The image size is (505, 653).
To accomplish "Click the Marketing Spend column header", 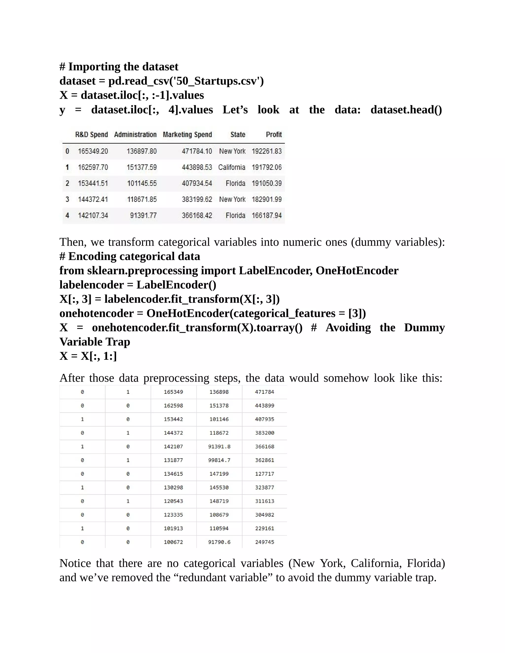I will tap(187, 135).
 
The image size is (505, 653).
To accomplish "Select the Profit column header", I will tap(274, 135).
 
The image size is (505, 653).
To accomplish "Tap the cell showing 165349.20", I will tap(93, 151).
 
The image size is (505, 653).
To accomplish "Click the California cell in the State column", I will tap(232, 167).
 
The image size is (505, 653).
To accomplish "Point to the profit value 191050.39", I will tap(267, 183).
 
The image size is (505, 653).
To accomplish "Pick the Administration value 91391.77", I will tap(143, 216).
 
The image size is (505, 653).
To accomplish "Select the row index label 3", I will tap(67, 199).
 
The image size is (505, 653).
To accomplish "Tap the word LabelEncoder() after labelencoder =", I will tap(176, 285).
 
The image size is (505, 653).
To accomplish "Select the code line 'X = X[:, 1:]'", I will tap(88, 356).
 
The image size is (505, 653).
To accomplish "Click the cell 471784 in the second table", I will tap(265, 392).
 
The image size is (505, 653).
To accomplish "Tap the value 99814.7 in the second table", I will tap(219, 460).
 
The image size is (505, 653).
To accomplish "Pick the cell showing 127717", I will tap(265, 474).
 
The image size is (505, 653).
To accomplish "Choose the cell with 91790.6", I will tap(219, 542).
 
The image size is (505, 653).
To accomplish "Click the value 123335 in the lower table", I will tap(173, 515).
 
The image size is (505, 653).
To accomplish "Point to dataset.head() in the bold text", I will tap(406, 110).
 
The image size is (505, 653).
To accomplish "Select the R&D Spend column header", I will tap(91, 135).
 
